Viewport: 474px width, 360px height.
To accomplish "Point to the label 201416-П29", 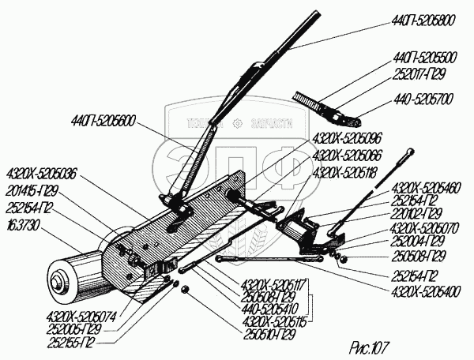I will (32, 190).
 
